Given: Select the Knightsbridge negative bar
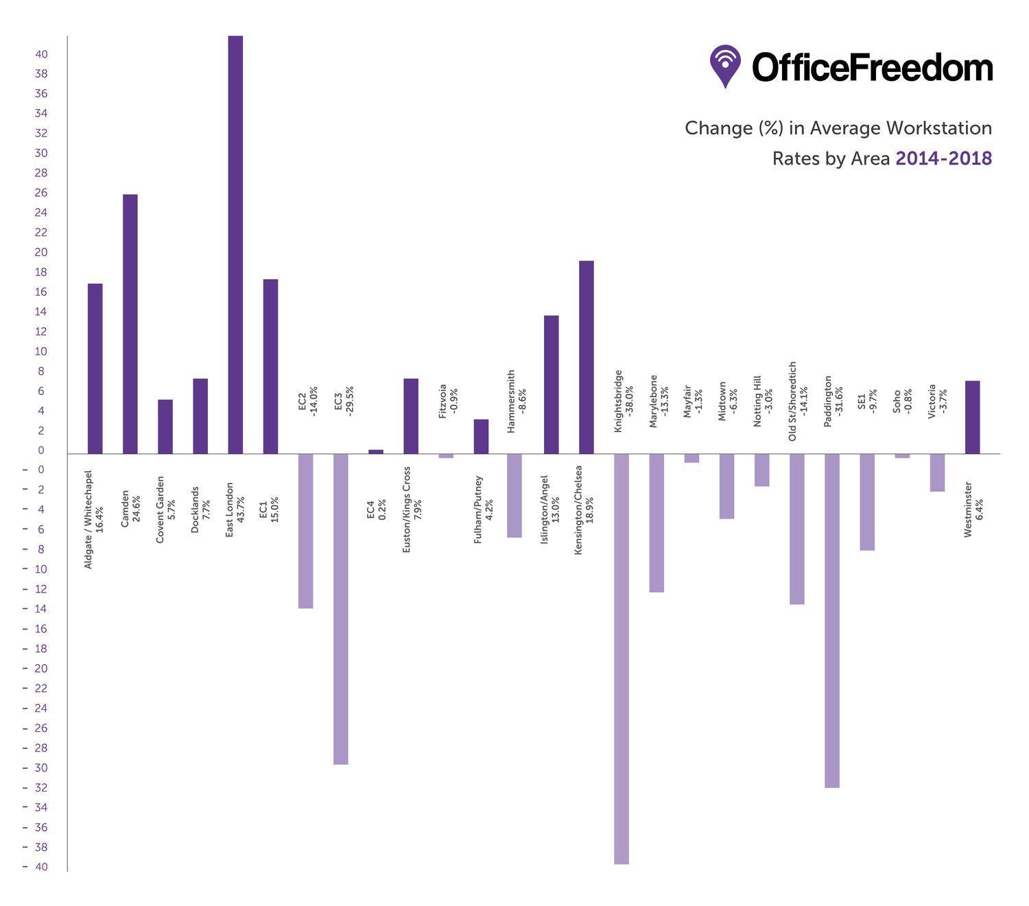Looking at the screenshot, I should (x=622, y=658).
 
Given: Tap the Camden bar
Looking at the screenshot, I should (x=130, y=324).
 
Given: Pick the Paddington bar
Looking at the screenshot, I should (x=832, y=620).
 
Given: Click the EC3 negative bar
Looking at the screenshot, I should (x=341, y=608).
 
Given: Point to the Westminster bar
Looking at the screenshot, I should (x=972, y=417).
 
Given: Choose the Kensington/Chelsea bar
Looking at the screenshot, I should (x=587, y=357).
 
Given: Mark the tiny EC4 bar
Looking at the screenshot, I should (x=376, y=452).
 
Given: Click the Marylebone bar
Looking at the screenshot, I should (x=657, y=523).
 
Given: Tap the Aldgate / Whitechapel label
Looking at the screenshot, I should (x=94, y=519).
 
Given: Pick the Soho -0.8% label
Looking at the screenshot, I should (x=902, y=401).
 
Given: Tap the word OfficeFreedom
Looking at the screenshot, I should (x=872, y=67).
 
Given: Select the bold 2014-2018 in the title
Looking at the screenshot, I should (x=943, y=158).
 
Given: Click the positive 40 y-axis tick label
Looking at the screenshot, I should (x=41, y=54).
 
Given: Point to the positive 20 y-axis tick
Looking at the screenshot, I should (x=41, y=252).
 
